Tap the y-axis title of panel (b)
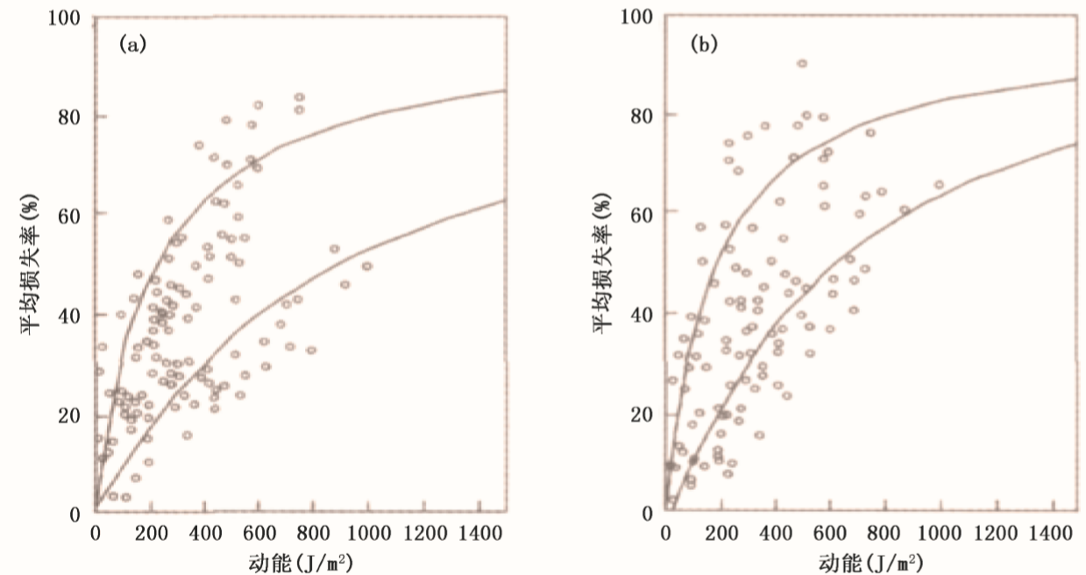pyautogui.click(x=602, y=264)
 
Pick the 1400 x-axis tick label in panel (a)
pyautogui.click(x=480, y=532)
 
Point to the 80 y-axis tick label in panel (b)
pyautogui.click(x=642, y=115)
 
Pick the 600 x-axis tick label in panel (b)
pyautogui.click(x=831, y=532)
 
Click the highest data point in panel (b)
pyautogui.click(x=801, y=63)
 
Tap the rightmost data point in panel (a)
pyautogui.click(x=366, y=266)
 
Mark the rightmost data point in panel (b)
pyautogui.click(x=939, y=185)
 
